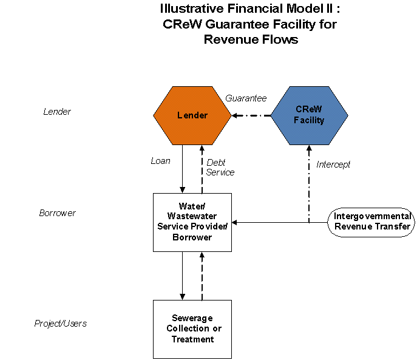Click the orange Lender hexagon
[x=192, y=115]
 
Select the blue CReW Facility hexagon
[x=309, y=115]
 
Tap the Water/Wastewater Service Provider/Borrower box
[x=192, y=222]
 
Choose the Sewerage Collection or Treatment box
[x=192, y=328]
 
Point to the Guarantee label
[x=246, y=98]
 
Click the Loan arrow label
[x=160, y=161]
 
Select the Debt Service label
[x=220, y=168]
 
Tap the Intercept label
[x=333, y=164]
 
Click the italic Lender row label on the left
[x=57, y=112]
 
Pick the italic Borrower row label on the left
[x=57, y=213]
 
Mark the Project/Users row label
[x=60, y=324]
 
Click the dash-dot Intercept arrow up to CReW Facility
[x=309, y=182]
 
